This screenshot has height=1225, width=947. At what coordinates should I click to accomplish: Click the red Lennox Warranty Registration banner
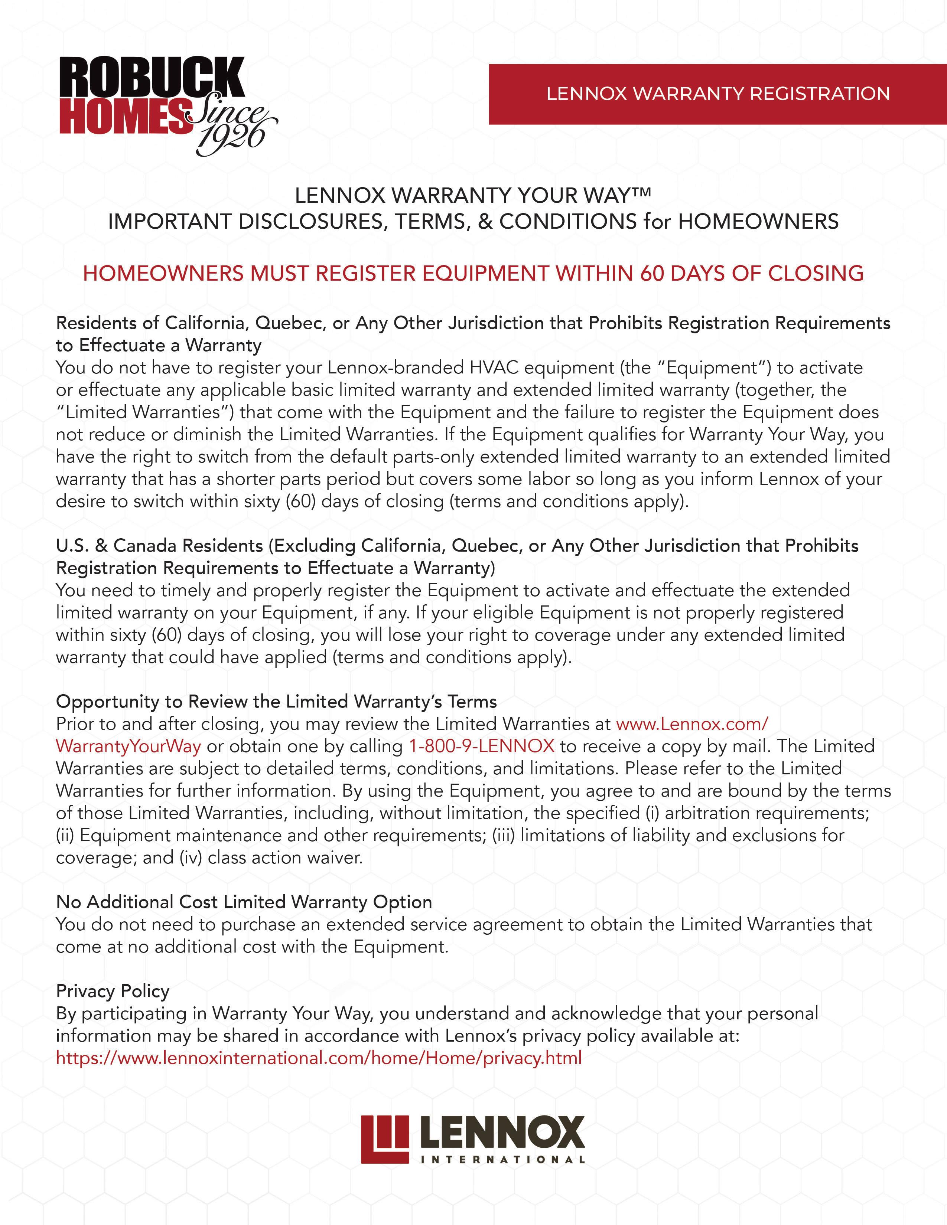[717, 94]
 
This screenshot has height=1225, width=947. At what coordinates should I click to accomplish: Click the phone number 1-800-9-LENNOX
[481, 746]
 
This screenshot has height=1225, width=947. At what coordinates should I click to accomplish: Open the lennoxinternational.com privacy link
[319, 1058]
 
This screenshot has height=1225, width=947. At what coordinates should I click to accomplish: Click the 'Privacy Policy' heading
[112, 991]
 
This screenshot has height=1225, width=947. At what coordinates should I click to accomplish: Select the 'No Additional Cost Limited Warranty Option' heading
[244, 902]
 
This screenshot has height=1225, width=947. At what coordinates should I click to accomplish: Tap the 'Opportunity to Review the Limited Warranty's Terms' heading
[276, 701]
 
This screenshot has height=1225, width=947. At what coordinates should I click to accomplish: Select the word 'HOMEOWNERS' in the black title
[758, 222]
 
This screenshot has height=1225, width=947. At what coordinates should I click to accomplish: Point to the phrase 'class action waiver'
[285, 857]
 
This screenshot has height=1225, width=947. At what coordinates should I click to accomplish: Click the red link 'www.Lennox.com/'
[692, 723]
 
